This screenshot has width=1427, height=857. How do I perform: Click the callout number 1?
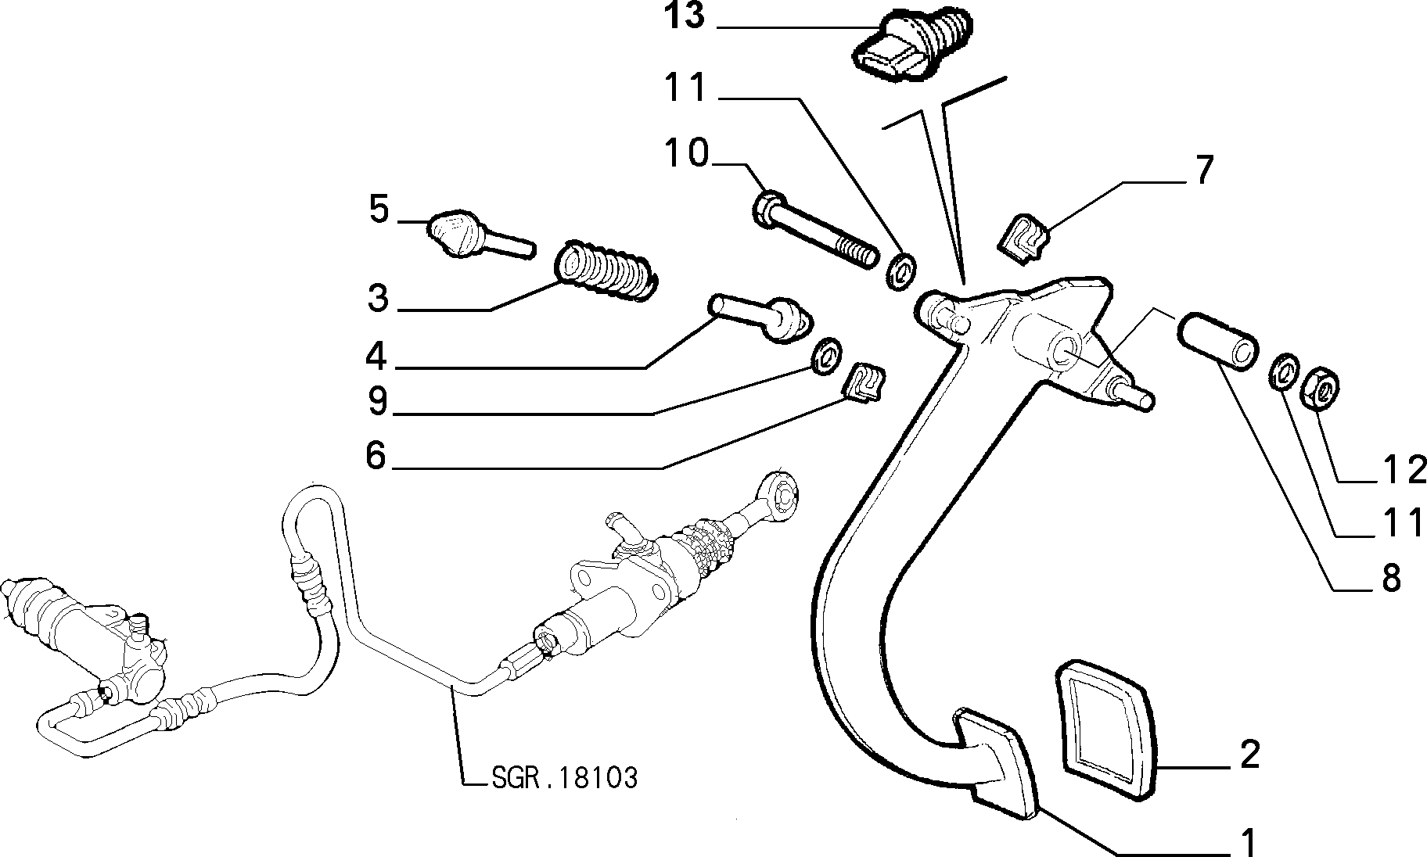coord(1249,843)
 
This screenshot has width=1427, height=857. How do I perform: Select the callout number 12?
coord(1400,471)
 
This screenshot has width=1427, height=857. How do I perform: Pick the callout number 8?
coord(1391,580)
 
